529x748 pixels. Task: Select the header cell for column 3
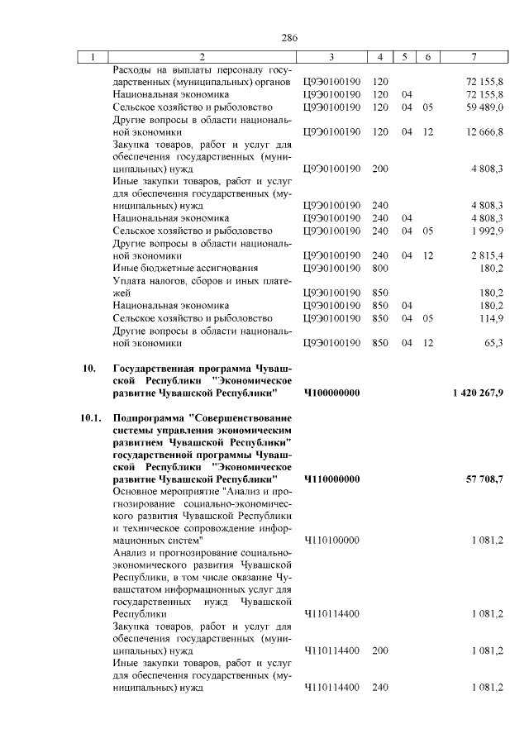coord(331,57)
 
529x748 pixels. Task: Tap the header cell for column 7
coord(473,57)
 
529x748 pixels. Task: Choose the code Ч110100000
coord(331,541)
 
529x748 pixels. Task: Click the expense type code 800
coord(381,268)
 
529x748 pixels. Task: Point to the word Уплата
coord(129,280)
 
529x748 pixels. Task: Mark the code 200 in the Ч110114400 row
coord(381,650)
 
